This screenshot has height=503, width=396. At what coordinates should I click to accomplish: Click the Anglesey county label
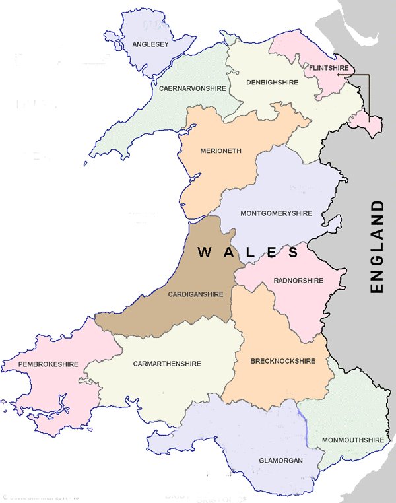[151, 44]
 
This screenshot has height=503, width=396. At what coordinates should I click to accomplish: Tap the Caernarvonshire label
[192, 88]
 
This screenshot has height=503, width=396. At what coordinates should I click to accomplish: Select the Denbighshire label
[272, 83]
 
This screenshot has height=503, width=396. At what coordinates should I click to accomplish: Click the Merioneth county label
[220, 151]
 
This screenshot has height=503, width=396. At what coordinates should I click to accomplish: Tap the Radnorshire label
[298, 281]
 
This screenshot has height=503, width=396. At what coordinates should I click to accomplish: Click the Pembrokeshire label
[48, 364]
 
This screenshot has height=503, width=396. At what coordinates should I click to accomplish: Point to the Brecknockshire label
[282, 361]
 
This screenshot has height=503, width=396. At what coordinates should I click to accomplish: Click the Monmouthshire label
[352, 440]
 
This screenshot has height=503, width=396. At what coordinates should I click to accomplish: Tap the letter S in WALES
[292, 252]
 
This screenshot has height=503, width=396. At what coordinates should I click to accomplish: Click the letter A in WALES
[228, 252]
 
